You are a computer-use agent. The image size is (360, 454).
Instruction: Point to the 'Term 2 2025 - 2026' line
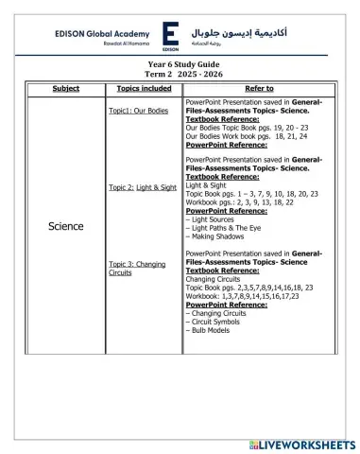pyautogui.click(x=178, y=75)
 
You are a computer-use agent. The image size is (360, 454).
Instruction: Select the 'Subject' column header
pyautogui.click(x=66, y=88)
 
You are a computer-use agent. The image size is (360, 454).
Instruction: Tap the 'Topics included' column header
pyautogui.click(x=143, y=88)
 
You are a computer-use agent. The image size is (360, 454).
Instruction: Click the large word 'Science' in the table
pyautogui.click(x=65, y=226)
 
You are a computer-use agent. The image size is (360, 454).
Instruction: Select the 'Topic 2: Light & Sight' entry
pyautogui.click(x=142, y=188)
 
